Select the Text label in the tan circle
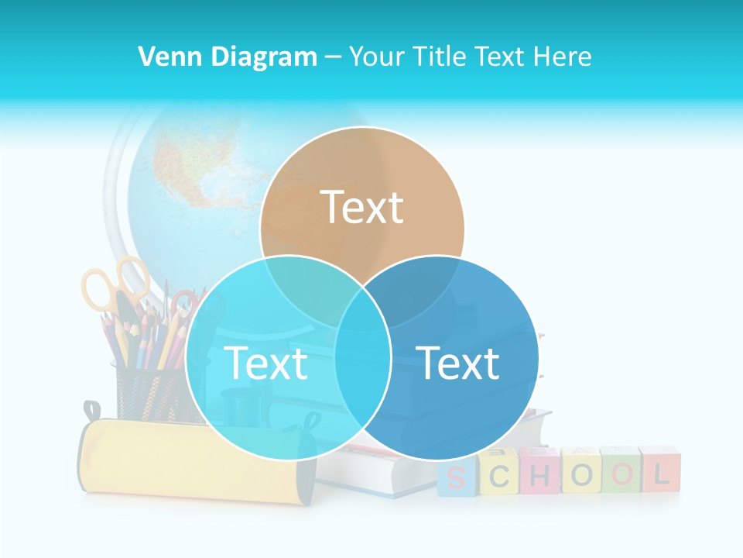pyautogui.click(x=362, y=207)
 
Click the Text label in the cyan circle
pyautogui.click(x=265, y=363)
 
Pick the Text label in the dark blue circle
pyautogui.click(x=458, y=363)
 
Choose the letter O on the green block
pyautogui.click(x=619, y=474)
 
